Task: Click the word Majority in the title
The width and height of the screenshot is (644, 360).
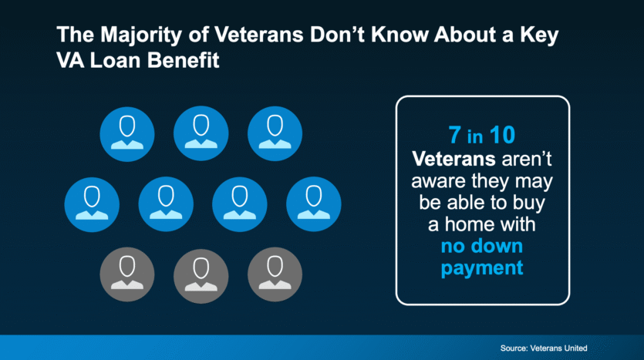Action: pos(141,35)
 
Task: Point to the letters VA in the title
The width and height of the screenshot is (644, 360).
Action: pos(71,60)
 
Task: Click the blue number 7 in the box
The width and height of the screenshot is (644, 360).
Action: pos(454,135)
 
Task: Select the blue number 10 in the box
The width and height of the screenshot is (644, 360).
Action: pos(502,135)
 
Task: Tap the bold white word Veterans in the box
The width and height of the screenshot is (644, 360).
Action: pos(453,159)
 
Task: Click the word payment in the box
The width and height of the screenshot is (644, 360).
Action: pos(482,268)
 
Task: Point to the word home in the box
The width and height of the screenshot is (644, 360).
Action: pos(490,224)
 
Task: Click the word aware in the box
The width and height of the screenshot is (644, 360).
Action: pos(438,181)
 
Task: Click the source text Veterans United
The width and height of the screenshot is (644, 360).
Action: pos(558,348)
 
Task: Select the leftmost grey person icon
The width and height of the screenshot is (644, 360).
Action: pos(127,274)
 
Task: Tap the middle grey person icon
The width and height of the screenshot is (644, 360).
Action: pos(201,275)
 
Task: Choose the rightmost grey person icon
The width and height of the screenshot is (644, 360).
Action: pos(275,274)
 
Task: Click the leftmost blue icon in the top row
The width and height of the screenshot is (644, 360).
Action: pos(127,134)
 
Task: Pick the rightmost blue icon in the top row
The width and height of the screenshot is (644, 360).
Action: pos(275,133)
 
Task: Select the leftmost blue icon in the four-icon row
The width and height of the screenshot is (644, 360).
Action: pos(92,204)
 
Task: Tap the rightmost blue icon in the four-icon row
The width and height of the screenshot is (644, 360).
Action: pos(313,204)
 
